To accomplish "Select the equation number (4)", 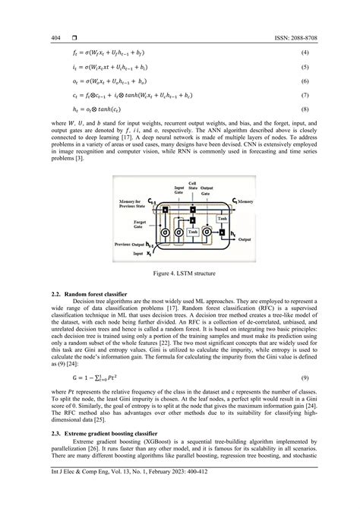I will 325,52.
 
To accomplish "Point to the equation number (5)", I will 325,67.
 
